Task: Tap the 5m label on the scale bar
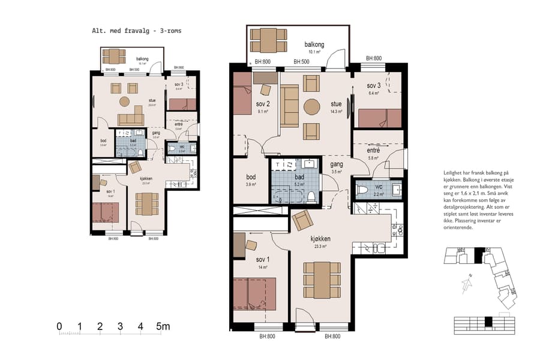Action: click(x=163, y=327)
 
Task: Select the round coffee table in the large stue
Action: click(x=312, y=107)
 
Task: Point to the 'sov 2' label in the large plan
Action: click(x=263, y=103)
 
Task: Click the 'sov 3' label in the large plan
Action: click(x=374, y=86)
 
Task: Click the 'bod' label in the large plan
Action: click(x=251, y=178)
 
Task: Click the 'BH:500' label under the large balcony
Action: click(x=301, y=62)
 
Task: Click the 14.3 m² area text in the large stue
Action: click(x=335, y=111)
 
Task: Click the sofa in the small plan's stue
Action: click(x=130, y=118)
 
